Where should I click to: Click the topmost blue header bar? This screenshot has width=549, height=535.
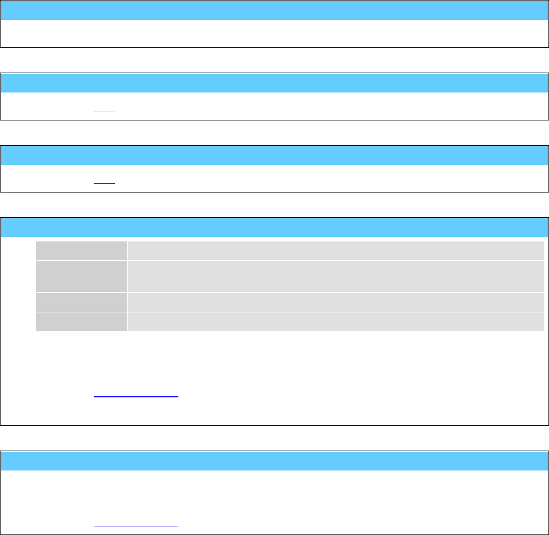[x=274, y=10]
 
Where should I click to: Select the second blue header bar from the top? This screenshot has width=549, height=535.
[x=274, y=83]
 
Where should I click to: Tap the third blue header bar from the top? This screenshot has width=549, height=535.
[x=274, y=155]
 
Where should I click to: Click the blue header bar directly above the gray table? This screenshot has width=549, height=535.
[x=274, y=227]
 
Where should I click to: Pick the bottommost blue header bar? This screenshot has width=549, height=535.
[x=274, y=461]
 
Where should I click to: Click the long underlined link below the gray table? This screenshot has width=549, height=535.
[x=136, y=394]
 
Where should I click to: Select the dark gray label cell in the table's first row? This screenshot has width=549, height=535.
[x=82, y=251]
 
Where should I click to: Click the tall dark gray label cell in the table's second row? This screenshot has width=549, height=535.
[x=82, y=276]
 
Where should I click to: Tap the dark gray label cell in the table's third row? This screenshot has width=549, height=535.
[x=82, y=302]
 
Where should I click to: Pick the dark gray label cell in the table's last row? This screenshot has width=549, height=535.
[x=82, y=322]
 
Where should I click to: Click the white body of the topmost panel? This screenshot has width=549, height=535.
[x=274, y=34]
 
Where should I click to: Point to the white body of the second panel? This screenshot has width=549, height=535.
[x=322, y=106]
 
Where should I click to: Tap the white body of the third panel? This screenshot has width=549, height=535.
[x=322, y=179]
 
